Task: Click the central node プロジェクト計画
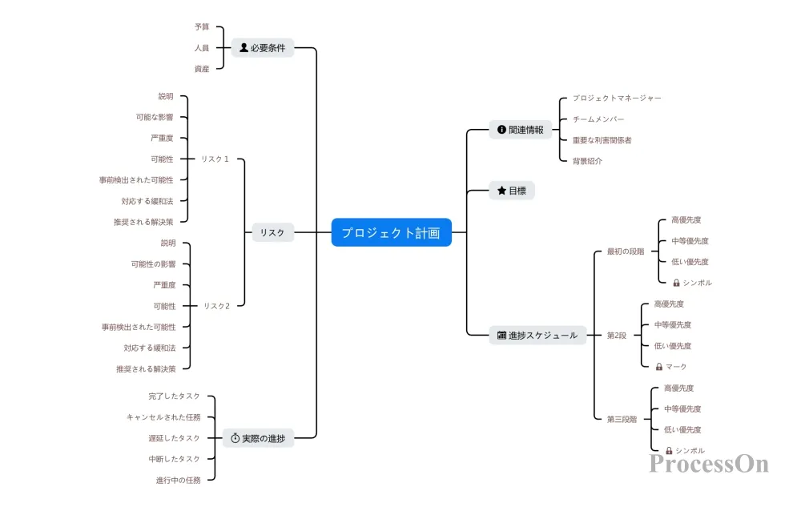392,232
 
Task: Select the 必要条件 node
263,47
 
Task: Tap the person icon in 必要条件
244,47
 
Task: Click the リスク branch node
273,232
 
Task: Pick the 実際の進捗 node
259,438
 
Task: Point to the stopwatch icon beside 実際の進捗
235,438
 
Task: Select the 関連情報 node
521,130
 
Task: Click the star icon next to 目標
501,191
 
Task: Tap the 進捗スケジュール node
537,336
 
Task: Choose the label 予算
202,26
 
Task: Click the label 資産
202,68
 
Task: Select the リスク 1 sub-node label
215,159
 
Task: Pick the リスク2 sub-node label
216,306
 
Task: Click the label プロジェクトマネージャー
617,98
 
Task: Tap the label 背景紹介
587,161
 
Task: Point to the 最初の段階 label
626,251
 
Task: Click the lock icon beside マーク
659,367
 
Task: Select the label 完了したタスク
174,396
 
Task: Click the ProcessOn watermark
709,464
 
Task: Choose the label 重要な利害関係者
602,140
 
